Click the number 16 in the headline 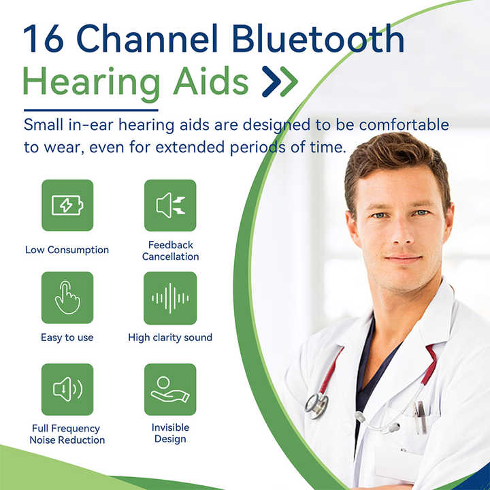pos(44,38)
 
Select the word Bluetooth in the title pos(318,38)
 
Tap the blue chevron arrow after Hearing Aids pos(272,81)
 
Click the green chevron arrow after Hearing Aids pos(289,81)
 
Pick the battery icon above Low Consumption pos(67,206)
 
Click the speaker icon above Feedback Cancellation pos(171,206)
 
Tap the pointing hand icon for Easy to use pos(67,297)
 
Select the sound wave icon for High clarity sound pos(170,298)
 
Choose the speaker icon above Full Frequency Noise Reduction pos(67,389)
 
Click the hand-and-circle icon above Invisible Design pos(170,389)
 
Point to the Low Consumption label pos(67,250)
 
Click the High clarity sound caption pos(170,338)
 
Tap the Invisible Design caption pos(170,433)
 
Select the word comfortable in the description pos(404,125)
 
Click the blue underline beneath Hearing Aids pos(91,110)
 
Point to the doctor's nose pos(402,233)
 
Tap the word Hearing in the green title pos(91,82)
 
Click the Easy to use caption pos(67,338)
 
